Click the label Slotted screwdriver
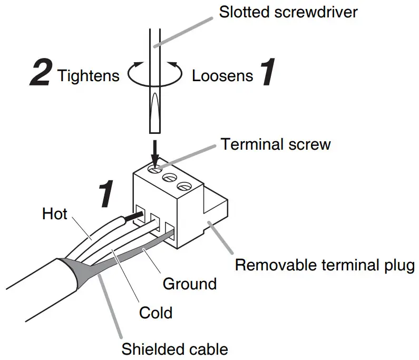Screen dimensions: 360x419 pyautogui.click(x=288, y=12)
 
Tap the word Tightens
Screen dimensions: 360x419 pyautogui.click(x=89, y=76)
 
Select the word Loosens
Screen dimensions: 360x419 pyautogui.click(x=222, y=76)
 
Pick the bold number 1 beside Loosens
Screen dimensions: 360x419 pyautogui.click(x=268, y=73)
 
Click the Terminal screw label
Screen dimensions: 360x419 pyautogui.click(x=276, y=144)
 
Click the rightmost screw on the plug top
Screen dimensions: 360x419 pyautogui.click(x=183, y=186)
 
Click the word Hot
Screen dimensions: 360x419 pyautogui.click(x=55, y=213)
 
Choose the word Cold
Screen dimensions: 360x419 pyautogui.click(x=155, y=313)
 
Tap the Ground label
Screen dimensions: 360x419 pyautogui.click(x=190, y=284)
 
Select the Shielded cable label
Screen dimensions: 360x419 pyautogui.click(x=175, y=349)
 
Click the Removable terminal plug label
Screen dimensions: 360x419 pyautogui.click(x=325, y=264)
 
